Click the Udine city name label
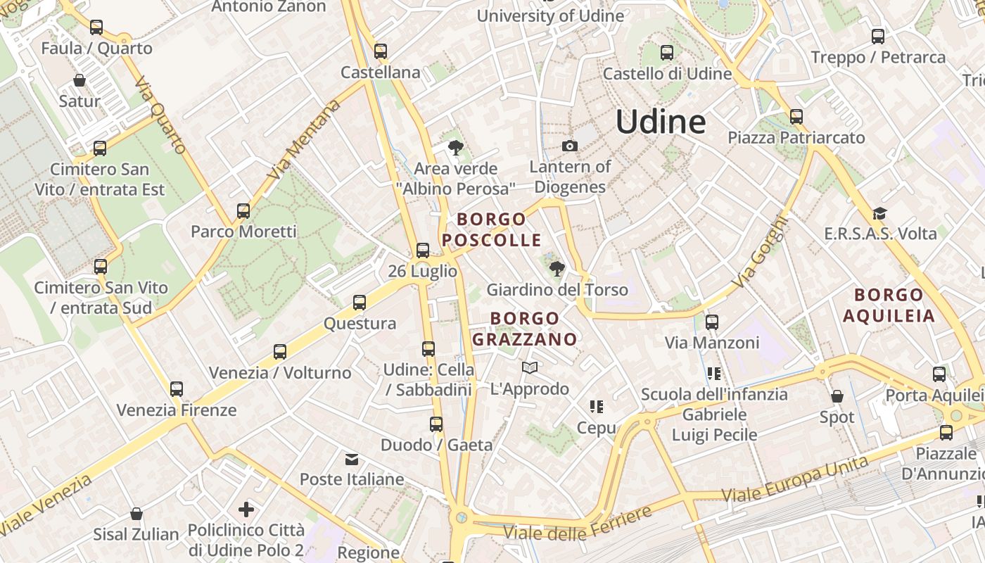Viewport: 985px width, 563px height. [x=661, y=122]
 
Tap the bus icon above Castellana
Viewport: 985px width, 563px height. [x=381, y=51]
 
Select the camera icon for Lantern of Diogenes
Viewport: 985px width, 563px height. [x=570, y=146]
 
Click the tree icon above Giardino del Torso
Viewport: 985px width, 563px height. [x=557, y=268]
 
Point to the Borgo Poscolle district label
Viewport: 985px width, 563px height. [x=492, y=229]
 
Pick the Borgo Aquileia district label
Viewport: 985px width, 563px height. [x=889, y=305]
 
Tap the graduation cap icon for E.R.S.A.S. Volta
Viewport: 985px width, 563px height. [x=879, y=213]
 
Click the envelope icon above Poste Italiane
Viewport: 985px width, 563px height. [x=352, y=460]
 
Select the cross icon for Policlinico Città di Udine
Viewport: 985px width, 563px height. [x=246, y=509]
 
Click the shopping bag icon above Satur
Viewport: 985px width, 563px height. [x=80, y=80]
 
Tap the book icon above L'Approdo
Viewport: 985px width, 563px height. [x=530, y=367]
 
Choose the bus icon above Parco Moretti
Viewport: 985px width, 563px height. [x=243, y=210]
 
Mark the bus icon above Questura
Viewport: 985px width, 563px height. [x=360, y=303]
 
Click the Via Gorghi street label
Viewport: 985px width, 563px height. [x=758, y=251]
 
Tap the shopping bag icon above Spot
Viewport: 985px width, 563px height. [x=837, y=396]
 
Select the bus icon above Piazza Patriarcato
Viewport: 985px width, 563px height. [x=796, y=116]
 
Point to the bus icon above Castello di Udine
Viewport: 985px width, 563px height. [x=667, y=52]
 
